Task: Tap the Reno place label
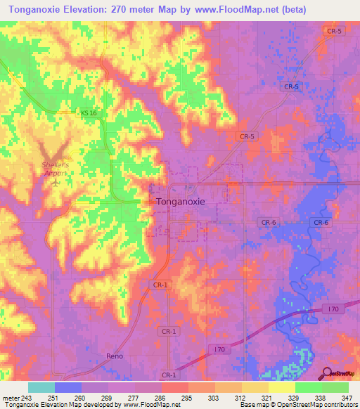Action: (115, 356)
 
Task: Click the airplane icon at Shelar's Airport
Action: (55, 182)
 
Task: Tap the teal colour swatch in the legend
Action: (41, 387)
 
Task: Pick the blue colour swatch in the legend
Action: (68, 387)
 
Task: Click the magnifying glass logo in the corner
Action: (327, 372)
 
